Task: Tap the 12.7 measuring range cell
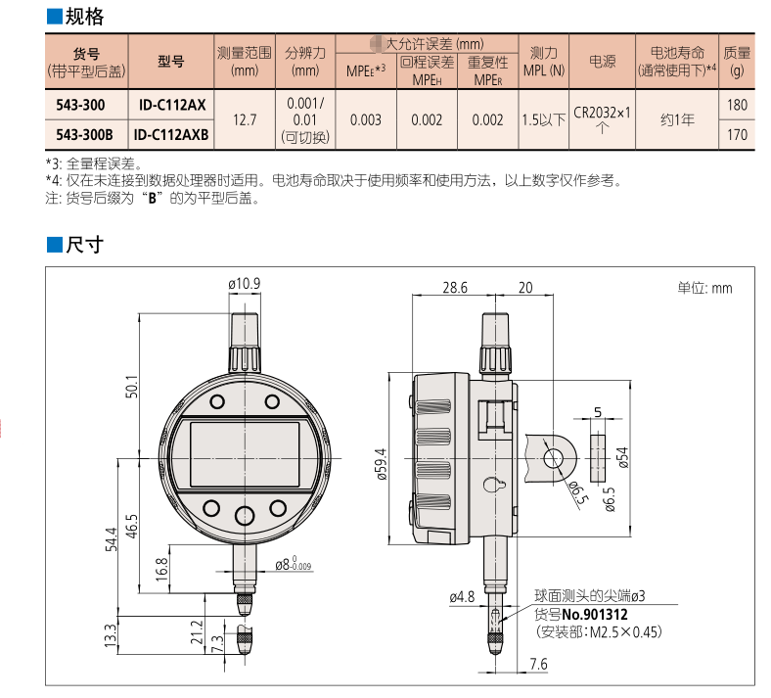pos(243,119)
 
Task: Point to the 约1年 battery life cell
pos(676,119)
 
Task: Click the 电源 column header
pos(602,61)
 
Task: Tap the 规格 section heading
pos(82,17)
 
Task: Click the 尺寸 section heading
pos(82,245)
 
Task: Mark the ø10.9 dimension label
pos(244,284)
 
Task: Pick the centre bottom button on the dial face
pos(245,515)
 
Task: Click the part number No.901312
pos(595,614)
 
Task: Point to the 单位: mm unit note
pos(703,288)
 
